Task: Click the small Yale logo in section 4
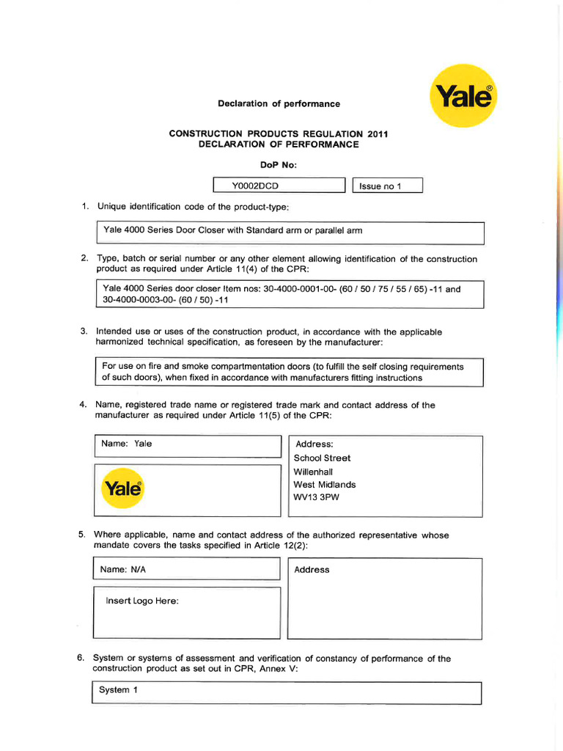[125, 487]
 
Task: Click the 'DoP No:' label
[279, 165]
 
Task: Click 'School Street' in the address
[322, 458]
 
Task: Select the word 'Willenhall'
[313, 472]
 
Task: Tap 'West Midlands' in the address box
[325, 485]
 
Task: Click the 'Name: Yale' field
[128, 444]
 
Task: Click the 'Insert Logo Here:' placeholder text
[142, 601]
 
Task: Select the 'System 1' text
[118, 690]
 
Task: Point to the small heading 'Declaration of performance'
[279, 103]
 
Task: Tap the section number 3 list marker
[84, 331]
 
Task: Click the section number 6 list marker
[81, 658]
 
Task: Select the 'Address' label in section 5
[312, 570]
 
